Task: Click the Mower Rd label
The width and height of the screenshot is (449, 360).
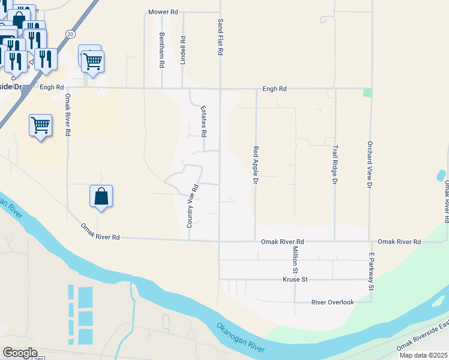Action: click(164, 12)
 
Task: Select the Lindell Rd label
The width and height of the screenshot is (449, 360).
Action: click(182, 51)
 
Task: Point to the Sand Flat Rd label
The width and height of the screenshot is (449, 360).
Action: click(220, 37)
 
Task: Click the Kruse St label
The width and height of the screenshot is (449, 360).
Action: click(295, 280)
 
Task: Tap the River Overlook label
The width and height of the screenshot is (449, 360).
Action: click(333, 302)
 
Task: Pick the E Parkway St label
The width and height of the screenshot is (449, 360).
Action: click(372, 272)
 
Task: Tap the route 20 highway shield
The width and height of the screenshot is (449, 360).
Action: click(71, 35)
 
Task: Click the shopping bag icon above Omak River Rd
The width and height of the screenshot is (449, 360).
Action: click(101, 196)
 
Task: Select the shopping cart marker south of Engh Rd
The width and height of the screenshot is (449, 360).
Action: click(40, 125)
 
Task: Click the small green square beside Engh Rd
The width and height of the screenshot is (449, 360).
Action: click(367, 92)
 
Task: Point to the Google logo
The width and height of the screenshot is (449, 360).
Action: click(20, 353)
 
